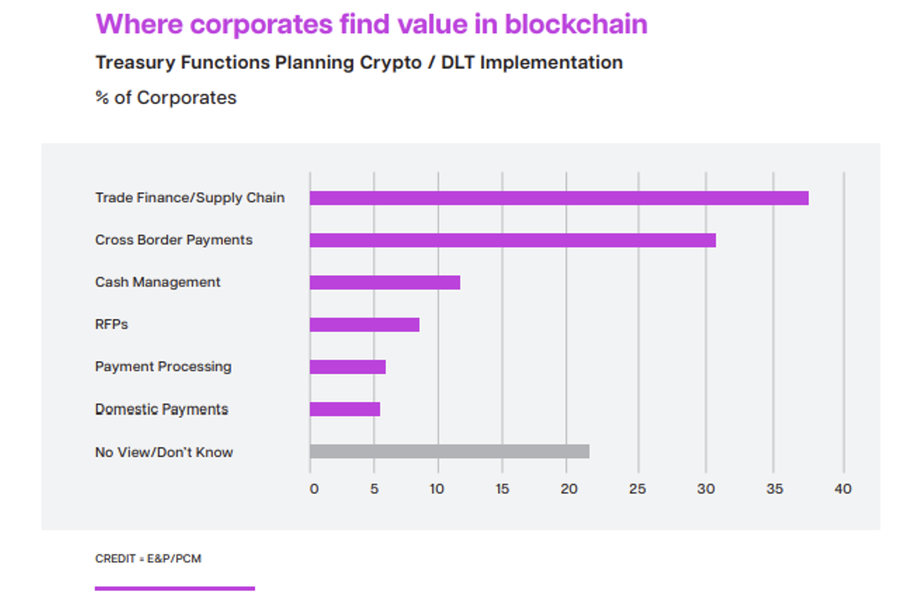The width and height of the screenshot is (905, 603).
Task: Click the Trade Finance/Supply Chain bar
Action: click(559, 198)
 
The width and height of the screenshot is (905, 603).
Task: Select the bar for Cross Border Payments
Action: click(512, 240)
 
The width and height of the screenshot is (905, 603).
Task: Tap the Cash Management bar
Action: click(385, 282)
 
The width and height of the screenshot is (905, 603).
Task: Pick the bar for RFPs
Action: click(364, 325)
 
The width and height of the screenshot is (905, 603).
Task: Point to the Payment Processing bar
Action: click(347, 367)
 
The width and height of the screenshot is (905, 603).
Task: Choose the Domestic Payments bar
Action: click(345, 409)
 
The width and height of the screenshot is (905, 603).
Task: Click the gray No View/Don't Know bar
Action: click(449, 452)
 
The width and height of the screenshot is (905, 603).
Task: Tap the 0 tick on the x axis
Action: click(314, 489)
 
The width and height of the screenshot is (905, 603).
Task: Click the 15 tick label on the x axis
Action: click(502, 489)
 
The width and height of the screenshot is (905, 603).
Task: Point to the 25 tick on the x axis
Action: click(637, 489)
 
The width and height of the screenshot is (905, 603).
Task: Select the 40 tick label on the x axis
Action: click(843, 489)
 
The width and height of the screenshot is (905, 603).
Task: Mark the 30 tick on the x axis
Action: click(705, 489)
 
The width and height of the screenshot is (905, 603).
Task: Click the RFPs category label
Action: click(111, 324)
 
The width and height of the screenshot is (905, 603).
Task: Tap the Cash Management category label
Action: click(158, 282)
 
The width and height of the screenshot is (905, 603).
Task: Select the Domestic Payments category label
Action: click(161, 409)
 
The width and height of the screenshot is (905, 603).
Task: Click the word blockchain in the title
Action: click(576, 24)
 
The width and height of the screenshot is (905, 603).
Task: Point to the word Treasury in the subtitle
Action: click(135, 63)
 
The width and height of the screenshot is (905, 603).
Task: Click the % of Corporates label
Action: click(166, 98)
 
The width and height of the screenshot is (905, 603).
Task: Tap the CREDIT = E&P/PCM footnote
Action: click(148, 559)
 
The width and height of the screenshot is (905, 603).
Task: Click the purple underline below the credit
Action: click(174, 589)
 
